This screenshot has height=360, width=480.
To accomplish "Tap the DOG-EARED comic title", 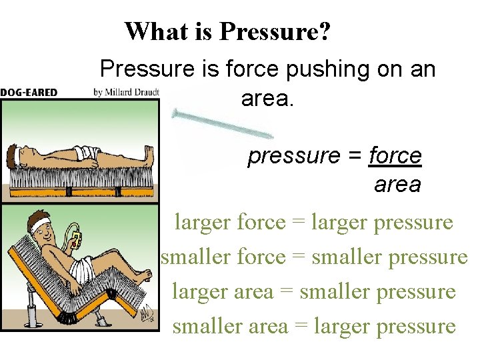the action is click(29, 93).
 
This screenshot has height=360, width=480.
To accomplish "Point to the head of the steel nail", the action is click(175, 113).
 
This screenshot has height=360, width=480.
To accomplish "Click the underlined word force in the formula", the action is click(395, 156).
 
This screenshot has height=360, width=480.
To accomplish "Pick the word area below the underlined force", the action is click(397, 185).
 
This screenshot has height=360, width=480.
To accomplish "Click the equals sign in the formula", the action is click(355, 156).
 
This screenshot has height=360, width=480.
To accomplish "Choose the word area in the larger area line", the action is click(250, 291).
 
